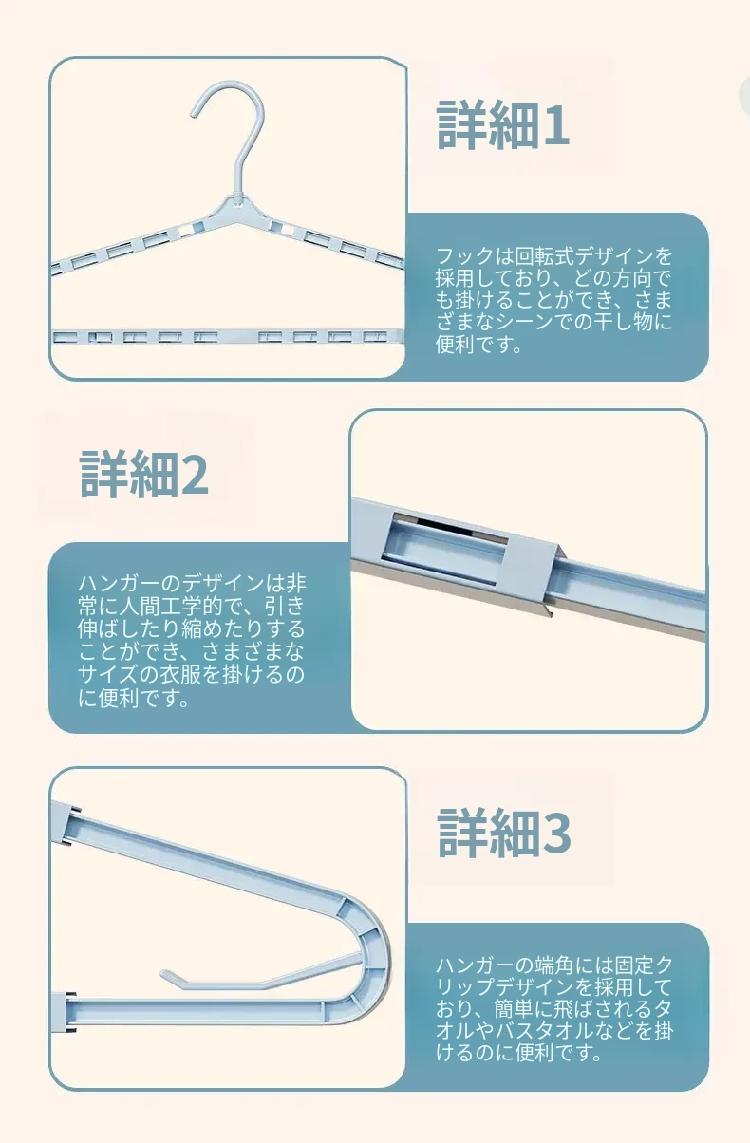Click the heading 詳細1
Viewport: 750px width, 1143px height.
click(x=502, y=125)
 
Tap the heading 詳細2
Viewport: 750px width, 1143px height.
click(x=144, y=474)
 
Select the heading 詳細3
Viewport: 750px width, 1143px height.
click(x=504, y=833)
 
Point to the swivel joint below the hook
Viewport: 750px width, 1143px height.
click(x=236, y=199)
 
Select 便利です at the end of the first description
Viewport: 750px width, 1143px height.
click(x=478, y=345)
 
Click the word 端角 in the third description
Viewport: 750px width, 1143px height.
click(x=554, y=965)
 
